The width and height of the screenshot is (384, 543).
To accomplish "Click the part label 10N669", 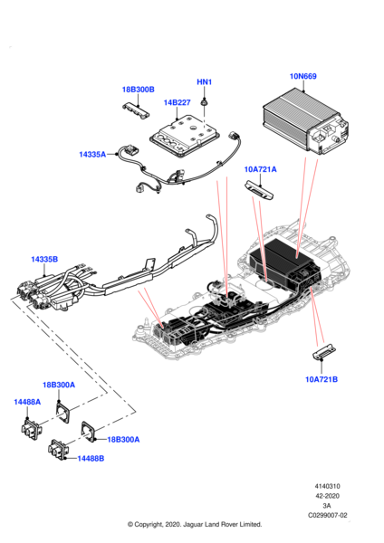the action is coord(302,76).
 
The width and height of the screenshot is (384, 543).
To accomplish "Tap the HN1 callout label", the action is coord(204,82).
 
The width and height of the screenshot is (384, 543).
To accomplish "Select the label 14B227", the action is coord(177,103).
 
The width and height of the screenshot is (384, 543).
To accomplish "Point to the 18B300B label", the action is coord(138,90).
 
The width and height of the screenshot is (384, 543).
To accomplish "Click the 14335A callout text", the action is coord(92,154).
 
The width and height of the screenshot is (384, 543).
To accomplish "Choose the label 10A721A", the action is coord(260,169).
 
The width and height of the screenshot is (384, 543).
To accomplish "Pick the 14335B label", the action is coord(44,259).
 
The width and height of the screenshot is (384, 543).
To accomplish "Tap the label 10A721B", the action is coord(322,379).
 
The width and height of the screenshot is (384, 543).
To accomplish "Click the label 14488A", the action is coord(27,402).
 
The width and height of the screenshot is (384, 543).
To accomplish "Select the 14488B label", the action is coord(91,459).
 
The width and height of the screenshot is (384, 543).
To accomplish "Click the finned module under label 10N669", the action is coord(305,121).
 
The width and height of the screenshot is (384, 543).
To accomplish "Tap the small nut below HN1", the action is coord(204,102).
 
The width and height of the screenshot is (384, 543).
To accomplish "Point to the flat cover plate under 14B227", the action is coord(186,136).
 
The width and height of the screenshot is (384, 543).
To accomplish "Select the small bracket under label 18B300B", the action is coord(136,110).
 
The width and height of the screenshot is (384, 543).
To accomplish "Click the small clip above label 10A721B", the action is coord(324,353).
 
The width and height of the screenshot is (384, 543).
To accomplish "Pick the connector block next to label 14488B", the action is coord(59,450).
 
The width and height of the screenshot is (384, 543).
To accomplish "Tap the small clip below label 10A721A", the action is coord(260,189).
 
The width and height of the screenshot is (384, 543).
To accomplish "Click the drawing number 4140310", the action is coord(327,486).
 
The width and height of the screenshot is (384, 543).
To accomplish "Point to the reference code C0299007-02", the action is coord(328,515).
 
